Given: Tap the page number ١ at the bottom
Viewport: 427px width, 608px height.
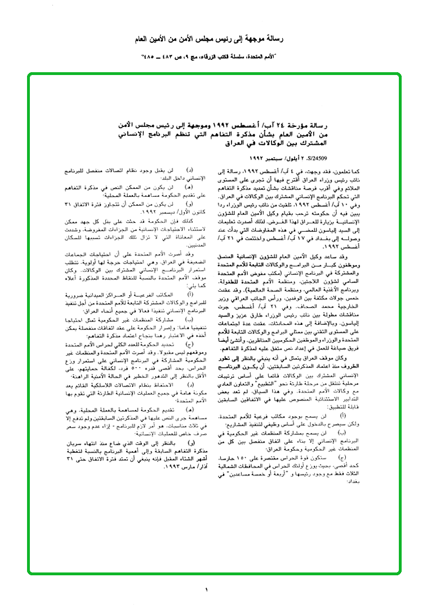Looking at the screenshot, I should [x=207, y=589].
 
